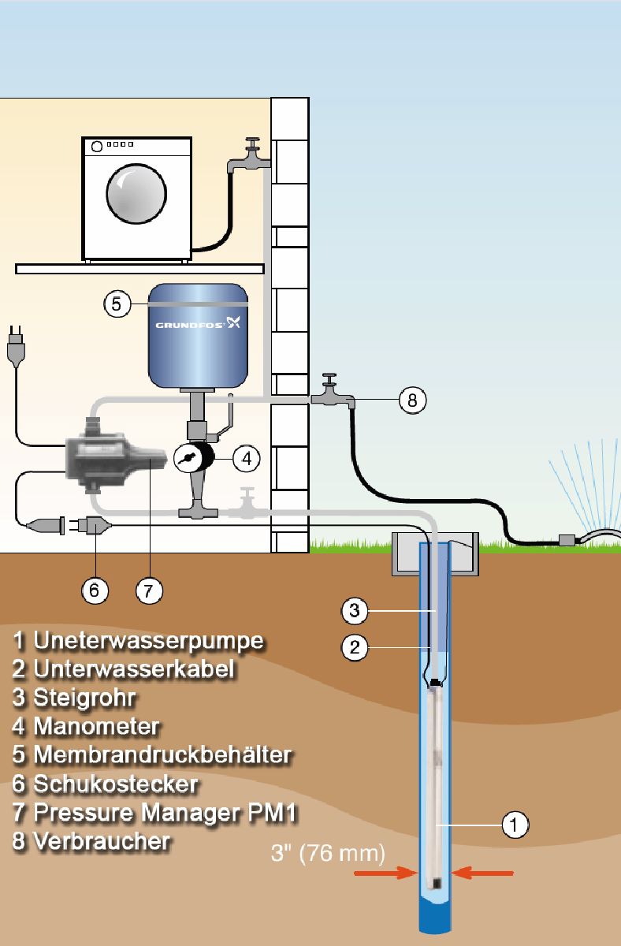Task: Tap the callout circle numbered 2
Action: tap(354, 648)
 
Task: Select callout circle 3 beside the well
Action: tap(354, 610)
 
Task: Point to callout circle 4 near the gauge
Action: tap(246, 457)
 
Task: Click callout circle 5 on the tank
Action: tap(117, 304)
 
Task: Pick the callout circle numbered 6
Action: tap(95, 590)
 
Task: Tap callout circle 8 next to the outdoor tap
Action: tap(411, 400)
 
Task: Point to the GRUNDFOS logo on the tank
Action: tap(197, 323)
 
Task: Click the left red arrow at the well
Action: tap(385, 873)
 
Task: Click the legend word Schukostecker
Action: tap(115, 784)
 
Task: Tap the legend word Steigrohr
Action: tap(84, 698)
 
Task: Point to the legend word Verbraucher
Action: tap(102, 841)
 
